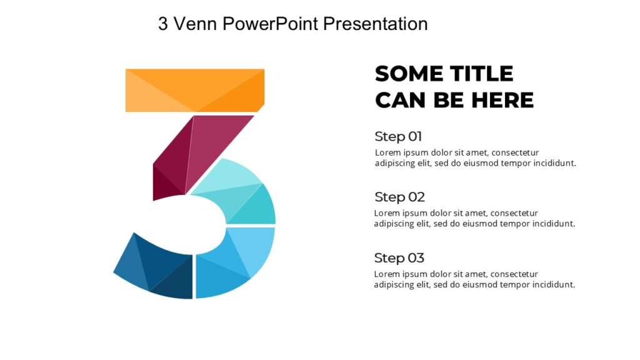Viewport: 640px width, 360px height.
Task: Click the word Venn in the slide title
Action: pyautogui.click(x=195, y=24)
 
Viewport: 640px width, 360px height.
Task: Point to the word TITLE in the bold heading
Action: pyautogui.click(x=481, y=74)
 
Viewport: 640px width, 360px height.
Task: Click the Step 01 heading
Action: pyautogui.click(x=398, y=136)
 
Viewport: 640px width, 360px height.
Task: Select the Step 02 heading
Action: pyautogui.click(x=399, y=197)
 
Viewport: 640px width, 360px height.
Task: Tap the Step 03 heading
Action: pyautogui.click(x=399, y=257)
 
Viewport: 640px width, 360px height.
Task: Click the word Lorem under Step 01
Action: pyautogui.click(x=387, y=152)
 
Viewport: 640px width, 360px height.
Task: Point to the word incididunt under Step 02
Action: pyautogui.click(x=551, y=224)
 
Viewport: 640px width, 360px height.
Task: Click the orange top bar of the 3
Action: pyautogui.click(x=195, y=90)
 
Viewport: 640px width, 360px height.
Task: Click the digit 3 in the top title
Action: pyautogui.click(x=163, y=24)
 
